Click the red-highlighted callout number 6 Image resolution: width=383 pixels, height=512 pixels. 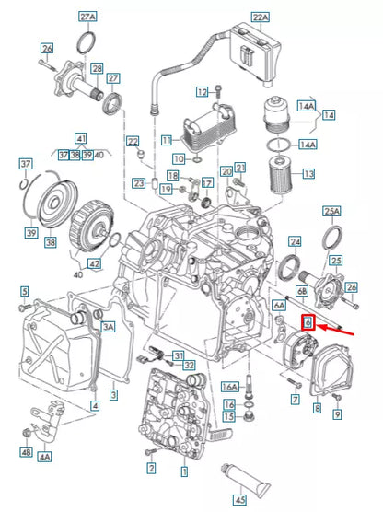tap(309, 322)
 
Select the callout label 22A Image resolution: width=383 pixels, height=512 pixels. tap(260, 17)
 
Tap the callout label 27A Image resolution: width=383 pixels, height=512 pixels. tap(87, 17)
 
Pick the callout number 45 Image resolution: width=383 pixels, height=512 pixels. tap(240, 500)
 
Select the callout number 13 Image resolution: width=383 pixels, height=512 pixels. tap(308, 173)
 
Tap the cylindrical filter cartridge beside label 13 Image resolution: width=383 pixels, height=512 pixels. tap(282, 174)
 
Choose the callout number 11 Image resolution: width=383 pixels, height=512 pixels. tap(167, 140)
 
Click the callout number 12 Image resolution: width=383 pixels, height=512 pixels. tap(202, 92)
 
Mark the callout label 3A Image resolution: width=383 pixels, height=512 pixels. tap(108, 327)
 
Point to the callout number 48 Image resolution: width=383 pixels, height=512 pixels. tap(25, 452)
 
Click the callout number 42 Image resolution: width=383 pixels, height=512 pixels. tap(95, 262)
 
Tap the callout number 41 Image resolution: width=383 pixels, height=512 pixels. tap(81, 136)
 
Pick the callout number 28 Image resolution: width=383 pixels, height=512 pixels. tap(96, 69)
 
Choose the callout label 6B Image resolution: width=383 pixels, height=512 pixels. tap(301, 290)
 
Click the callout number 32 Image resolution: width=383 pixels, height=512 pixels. tap(189, 366)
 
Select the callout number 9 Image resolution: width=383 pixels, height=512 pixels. tap(336, 415)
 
